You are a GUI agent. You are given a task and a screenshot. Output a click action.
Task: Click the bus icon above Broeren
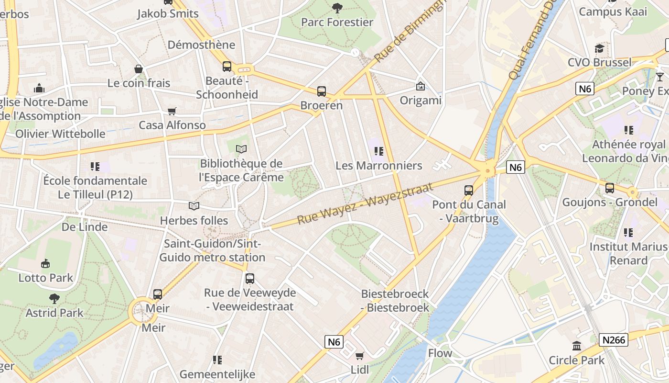pos(322,91)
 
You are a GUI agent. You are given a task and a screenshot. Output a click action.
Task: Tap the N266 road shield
pos(613,340)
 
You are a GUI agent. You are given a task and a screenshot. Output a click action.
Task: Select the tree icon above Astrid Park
pos(54,299)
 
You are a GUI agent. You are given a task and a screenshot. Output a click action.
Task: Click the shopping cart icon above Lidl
pos(359,356)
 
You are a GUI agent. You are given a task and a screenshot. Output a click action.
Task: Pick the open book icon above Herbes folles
pos(194,206)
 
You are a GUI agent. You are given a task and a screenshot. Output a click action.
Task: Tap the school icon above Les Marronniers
pos(379,151)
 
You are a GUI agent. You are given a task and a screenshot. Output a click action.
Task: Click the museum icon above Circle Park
pos(577,346)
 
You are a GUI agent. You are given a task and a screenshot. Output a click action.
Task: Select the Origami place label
pos(421,101)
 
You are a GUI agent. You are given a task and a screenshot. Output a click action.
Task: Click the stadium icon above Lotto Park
pos(45,263)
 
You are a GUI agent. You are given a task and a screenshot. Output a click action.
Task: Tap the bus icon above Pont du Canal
pos(468,190)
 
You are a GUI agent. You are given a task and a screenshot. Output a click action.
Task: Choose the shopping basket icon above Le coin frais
pos(139,69)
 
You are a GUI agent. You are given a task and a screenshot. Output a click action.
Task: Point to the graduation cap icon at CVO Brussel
pos(599,48)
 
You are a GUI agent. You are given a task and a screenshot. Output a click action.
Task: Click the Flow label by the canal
pos(440,353)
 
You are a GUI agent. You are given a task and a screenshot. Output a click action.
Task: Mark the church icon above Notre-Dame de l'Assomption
pos(39,88)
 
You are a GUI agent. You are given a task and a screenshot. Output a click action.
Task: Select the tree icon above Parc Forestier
pos(337,8)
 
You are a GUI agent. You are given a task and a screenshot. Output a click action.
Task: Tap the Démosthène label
pos(201,45)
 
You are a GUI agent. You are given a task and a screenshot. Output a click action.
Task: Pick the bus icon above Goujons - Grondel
pos(609,188)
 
